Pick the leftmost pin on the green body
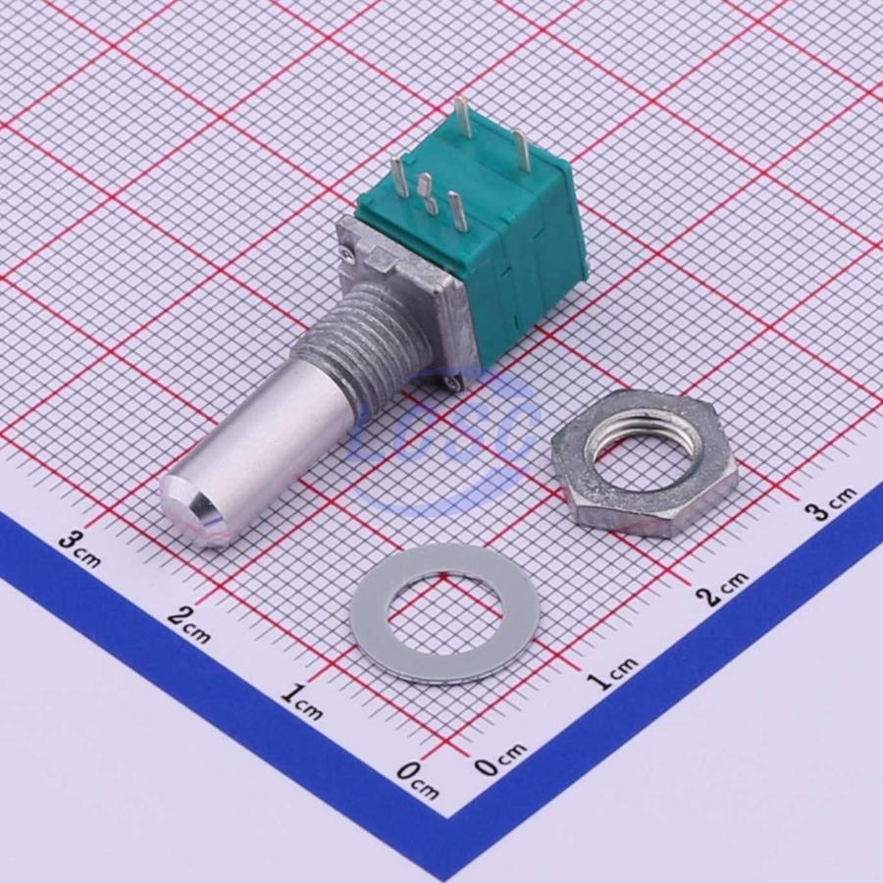400,177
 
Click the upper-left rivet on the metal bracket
347,254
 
